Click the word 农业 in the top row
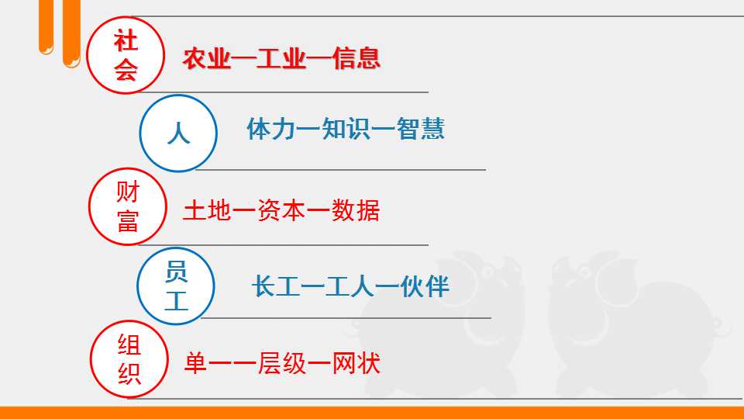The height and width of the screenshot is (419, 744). pos(207,58)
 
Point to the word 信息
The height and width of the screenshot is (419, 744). pos(356,58)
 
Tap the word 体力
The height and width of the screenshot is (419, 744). pos(271,129)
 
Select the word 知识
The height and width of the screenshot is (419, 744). pos(346,129)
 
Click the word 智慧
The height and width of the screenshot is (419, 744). pos(420,129)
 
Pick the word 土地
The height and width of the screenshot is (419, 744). pos(207,210)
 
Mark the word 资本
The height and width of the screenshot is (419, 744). pos(281,210)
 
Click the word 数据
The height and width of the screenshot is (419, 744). pos(356,210)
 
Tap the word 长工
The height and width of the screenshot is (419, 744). pos(276,286)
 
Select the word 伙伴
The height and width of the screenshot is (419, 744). pos(425,286)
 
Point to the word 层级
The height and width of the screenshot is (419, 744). pos(282,363)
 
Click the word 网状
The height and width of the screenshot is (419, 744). pos(356,363)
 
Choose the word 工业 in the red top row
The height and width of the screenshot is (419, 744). pos(281,58)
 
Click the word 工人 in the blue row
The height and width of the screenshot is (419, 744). pos(350,286)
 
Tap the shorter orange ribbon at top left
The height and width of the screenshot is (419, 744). pos(46,27)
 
